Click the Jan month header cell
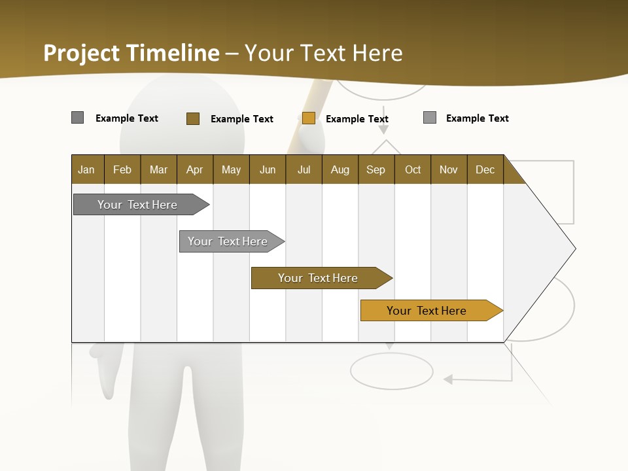(87, 169)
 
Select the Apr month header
(195, 169)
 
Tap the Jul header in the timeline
(304, 169)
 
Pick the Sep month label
(375, 169)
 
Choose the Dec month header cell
(485, 169)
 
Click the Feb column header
(122, 169)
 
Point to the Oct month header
(413, 169)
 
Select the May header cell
(231, 169)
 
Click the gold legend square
(309, 118)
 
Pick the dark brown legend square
(193, 118)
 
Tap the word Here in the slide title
(377, 52)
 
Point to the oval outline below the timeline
(391, 371)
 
